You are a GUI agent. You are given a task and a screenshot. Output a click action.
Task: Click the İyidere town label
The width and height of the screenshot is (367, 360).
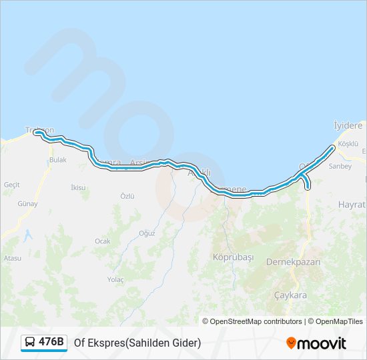click(x=348, y=125)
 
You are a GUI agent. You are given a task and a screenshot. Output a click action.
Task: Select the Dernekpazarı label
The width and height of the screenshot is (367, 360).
click(x=293, y=262)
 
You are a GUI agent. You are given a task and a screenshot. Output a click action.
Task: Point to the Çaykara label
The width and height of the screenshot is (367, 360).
click(x=290, y=295)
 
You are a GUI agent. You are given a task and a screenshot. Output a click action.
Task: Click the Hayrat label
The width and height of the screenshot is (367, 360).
click(x=352, y=204)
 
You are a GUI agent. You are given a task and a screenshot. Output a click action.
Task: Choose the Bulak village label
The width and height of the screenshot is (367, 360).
click(x=58, y=160)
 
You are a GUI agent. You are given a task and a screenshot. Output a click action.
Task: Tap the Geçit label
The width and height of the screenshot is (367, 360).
click(x=12, y=184)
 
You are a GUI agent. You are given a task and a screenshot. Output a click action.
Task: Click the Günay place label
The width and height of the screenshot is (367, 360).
click(x=27, y=204)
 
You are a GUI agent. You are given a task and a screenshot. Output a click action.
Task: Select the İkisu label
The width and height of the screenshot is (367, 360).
click(x=78, y=187)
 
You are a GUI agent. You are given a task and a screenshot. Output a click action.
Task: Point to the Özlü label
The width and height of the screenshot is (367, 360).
click(x=127, y=196)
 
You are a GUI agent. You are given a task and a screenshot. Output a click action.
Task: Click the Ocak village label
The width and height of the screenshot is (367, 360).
click(x=102, y=241)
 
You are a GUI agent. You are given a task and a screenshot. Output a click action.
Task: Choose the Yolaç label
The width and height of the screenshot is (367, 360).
click(x=115, y=279)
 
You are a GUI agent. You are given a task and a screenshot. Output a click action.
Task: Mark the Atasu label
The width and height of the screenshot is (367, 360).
click(x=13, y=258)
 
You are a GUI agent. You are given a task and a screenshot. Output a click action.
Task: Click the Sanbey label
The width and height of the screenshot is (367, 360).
click(x=340, y=166)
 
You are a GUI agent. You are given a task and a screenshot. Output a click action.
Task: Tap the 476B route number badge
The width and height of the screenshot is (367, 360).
click(x=51, y=342)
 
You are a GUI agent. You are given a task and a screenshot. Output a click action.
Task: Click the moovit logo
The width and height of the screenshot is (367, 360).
click(x=316, y=343)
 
